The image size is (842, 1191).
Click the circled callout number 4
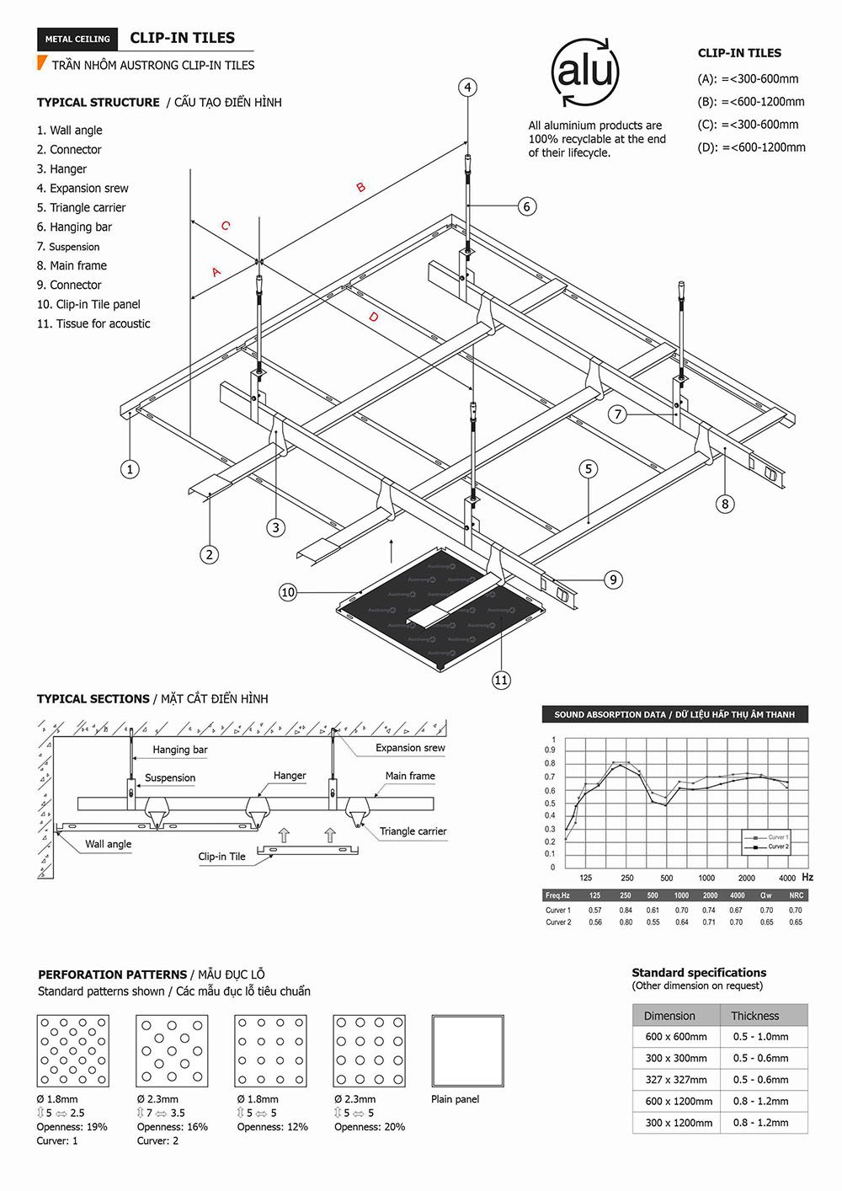468,88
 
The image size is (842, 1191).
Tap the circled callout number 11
501,680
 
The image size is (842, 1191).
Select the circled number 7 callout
618,414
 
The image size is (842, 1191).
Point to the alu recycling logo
584,72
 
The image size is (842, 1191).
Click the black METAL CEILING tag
77,39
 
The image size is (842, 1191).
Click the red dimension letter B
360,187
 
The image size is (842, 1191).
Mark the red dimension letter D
373,317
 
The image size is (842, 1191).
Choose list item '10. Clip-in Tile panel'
88,304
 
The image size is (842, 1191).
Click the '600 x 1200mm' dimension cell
678,1101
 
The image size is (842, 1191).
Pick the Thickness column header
754,1016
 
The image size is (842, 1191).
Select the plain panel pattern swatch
467,1050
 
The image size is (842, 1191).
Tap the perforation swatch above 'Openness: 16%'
172,1050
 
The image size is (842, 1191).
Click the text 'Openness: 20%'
370,1126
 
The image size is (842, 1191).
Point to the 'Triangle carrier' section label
413,831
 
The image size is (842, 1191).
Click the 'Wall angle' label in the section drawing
108,844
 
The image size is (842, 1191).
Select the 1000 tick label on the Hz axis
706,878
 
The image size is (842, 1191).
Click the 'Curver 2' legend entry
777,847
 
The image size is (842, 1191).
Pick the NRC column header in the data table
796,895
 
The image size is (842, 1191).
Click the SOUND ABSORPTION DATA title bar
674,714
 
